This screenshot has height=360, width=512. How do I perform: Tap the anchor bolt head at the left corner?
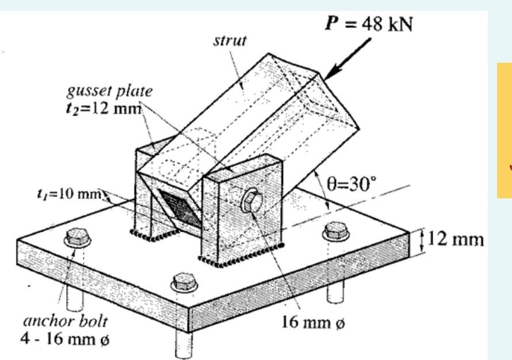point(77,236)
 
